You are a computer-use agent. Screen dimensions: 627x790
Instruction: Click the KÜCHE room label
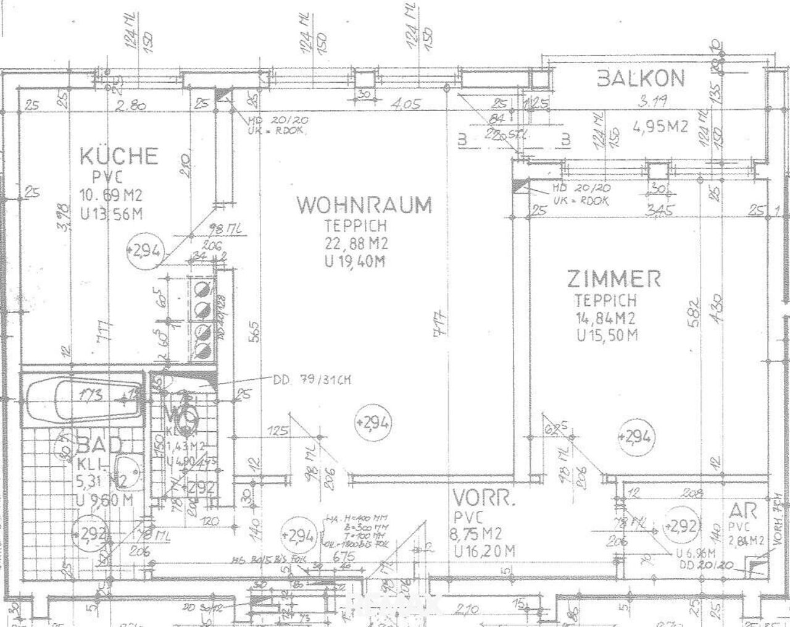tap(119, 156)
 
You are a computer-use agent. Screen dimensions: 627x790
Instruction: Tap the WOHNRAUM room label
tap(364, 204)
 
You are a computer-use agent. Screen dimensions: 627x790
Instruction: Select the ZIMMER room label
tap(613, 279)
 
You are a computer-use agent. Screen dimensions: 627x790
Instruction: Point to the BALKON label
tap(640, 79)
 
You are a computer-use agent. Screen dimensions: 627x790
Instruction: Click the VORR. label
tap(483, 498)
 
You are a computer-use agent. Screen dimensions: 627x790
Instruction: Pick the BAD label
tap(100, 445)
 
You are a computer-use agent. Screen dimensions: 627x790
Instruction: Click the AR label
tap(742, 511)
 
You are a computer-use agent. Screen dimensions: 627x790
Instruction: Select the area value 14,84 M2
tap(605, 318)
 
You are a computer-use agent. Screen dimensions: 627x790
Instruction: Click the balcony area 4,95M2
tap(660, 127)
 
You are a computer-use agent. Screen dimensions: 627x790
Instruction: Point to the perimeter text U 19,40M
tap(354, 261)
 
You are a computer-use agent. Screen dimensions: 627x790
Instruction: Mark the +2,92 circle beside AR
tap(683, 526)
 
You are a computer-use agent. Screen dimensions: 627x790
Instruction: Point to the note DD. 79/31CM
tap(312, 381)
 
